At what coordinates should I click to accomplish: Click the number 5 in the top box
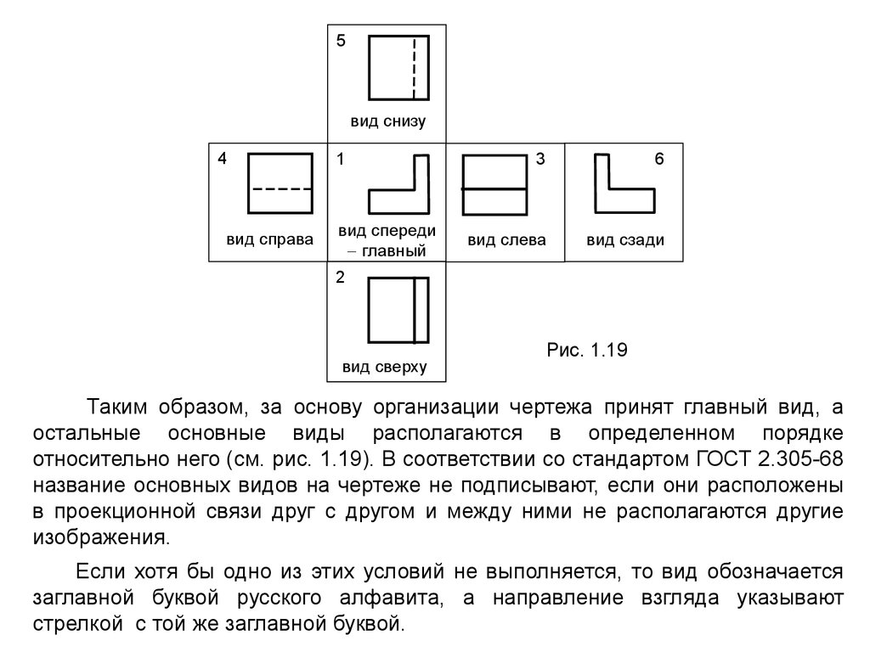(341, 41)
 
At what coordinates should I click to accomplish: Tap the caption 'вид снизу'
(387, 121)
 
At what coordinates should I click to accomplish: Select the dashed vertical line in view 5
(414, 68)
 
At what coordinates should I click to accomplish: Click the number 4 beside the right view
(222, 159)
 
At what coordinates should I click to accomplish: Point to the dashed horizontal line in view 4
(280, 189)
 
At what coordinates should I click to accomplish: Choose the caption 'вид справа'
(269, 239)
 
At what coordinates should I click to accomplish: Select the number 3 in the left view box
(540, 159)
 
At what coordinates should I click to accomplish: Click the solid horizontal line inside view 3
(494, 189)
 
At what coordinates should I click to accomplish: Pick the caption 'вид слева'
(506, 240)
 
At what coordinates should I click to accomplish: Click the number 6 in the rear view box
(659, 159)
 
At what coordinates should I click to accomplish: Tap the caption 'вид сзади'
(625, 240)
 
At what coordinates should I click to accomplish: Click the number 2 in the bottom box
(341, 278)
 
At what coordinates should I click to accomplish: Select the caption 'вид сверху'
(385, 367)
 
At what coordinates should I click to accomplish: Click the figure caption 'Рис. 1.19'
(587, 350)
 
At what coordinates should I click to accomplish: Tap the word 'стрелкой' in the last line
(77, 624)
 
